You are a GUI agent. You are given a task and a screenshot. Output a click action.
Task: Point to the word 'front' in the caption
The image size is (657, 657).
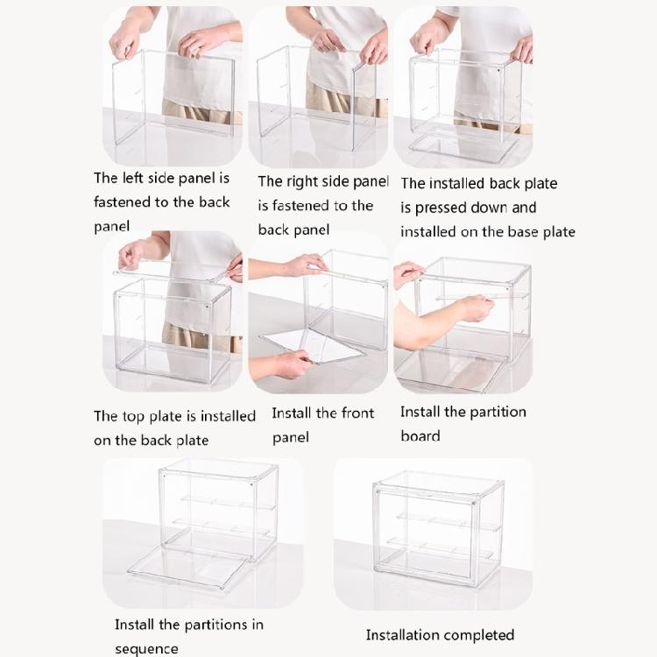[356, 413]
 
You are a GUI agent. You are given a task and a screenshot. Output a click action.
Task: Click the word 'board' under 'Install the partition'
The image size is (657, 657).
[420, 435]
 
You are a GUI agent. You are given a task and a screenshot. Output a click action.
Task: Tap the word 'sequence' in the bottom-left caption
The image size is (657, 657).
[146, 649]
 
